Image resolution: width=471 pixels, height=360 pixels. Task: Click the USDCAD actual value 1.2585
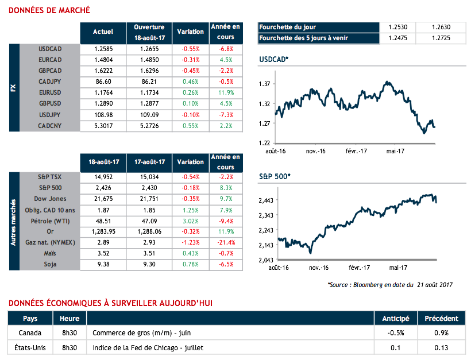(x=103, y=49)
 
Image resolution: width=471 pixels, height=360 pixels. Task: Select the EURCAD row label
(x=49, y=60)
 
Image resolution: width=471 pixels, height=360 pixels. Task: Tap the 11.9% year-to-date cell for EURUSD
(x=226, y=92)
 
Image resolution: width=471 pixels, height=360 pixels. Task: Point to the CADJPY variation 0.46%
(x=191, y=82)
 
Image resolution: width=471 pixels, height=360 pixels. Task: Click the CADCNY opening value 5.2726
(x=149, y=125)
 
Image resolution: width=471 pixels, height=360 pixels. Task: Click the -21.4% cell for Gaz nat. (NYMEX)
(x=226, y=243)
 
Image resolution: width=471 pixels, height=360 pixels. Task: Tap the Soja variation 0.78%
(x=191, y=265)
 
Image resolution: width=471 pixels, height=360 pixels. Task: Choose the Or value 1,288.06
(x=149, y=232)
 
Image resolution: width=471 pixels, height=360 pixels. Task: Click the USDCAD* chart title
(x=274, y=60)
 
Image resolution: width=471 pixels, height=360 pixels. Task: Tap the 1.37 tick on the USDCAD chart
(x=264, y=84)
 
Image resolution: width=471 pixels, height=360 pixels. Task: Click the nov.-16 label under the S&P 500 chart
(x=318, y=268)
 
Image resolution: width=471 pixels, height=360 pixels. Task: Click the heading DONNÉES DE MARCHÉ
(x=49, y=10)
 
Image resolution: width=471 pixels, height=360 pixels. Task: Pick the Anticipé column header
(x=396, y=318)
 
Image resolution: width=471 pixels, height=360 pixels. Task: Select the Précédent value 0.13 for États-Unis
(x=441, y=347)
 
